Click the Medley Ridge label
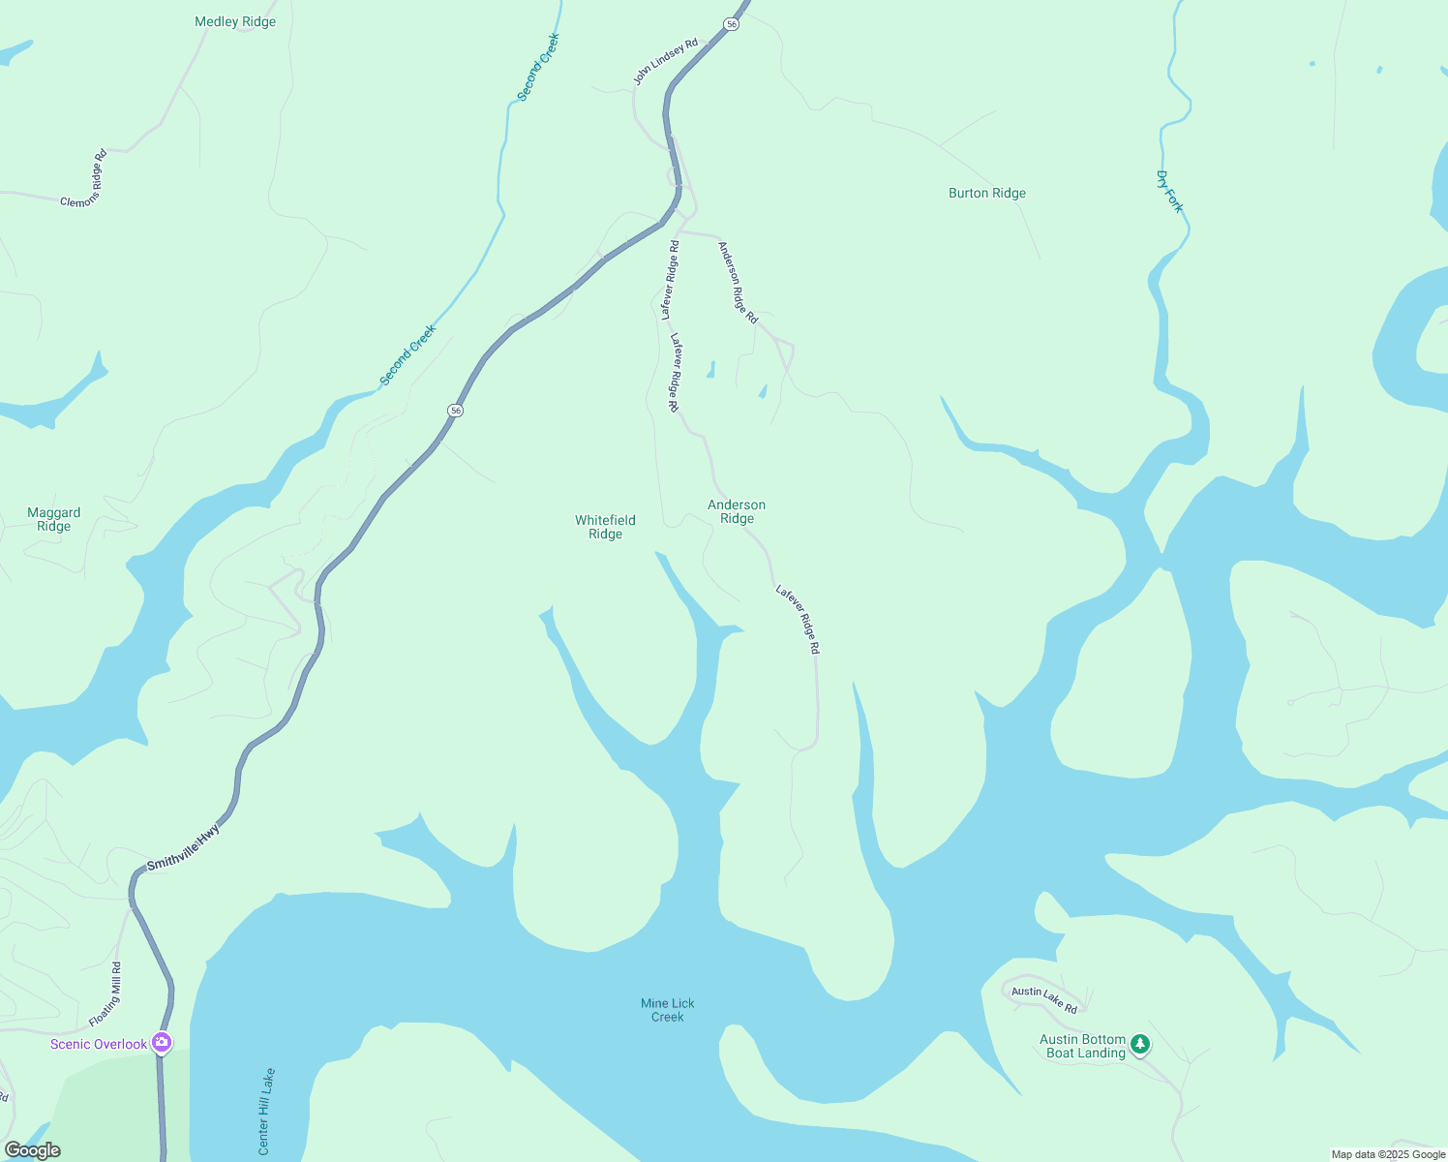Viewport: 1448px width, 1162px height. pyautogui.click(x=235, y=21)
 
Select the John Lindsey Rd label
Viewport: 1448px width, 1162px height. pyautogui.click(x=666, y=62)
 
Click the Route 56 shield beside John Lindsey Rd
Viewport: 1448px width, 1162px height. pyautogui.click(x=732, y=24)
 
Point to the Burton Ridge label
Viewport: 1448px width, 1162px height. pyautogui.click(x=986, y=193)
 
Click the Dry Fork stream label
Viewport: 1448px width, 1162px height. pyautogui.click(x=1169, y=192)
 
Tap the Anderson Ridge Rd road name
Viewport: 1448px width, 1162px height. pyautogui.click(x=738, y=282)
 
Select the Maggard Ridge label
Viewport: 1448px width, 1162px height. pyautogui.click(x=54, y=520)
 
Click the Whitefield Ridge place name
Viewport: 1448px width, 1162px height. pyautogui.click(x=605, y=527)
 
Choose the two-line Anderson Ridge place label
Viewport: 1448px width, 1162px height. pyautogui.click(x=737, y=511)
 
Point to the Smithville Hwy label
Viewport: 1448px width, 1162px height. pyautogui.click(x=184, y=847)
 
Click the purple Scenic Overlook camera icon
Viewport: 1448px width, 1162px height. pyautogui.click(x=162, y=1043)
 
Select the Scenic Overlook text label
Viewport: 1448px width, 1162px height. pyautogui.click(x=99, y=1044)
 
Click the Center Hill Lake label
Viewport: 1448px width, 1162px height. pyautogui.click(x=266, y=1112)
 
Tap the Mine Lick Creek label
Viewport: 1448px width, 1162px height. pyautogui.click(x=668, y=1010)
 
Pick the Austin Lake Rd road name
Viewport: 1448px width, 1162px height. pyautogui.click(x=1044, y=999)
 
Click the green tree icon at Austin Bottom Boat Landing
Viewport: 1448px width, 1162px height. pyautogui.click(x=1140, y=1044)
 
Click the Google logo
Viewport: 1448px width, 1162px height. pyautogui.click(x=32, y=1150)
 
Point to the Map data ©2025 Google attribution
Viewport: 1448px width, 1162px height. pyautogui.click(x=1388, y=1154)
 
